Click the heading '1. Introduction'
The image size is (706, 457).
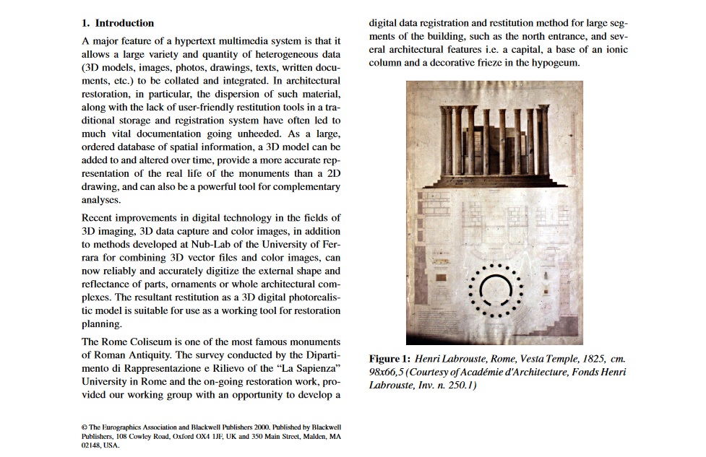[118, 23]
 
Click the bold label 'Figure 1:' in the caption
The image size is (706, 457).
[389, 359]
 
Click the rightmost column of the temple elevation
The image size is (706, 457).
[543, 141]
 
